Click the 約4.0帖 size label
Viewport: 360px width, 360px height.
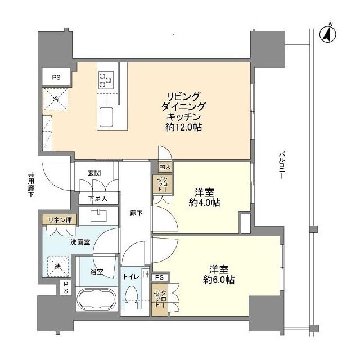click(204, 203)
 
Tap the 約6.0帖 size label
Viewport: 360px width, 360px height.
click(219, 279)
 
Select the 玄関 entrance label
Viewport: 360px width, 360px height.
click(94, 173)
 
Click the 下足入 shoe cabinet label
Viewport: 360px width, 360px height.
click(97, 199)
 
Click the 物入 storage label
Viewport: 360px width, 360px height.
click(164, 166)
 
